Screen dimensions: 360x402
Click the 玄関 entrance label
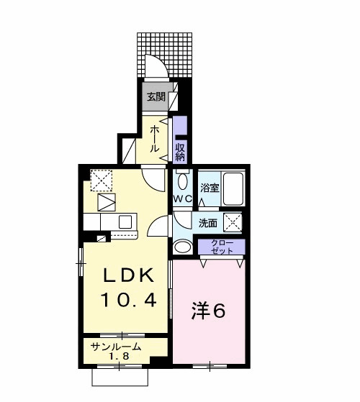pos(156,97)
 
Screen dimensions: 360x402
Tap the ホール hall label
pos(155,139)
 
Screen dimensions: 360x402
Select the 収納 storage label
pos(180,152)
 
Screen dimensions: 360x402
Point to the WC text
pos(183,198)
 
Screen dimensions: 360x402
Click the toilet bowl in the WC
pos(182,181)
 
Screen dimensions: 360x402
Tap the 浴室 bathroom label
pos(210,188)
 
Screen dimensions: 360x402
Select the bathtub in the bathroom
pos(233,188)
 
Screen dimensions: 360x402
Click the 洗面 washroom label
pos(208,223)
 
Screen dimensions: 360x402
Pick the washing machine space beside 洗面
pos(233,222)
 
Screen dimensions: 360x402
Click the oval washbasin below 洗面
pos(182,247)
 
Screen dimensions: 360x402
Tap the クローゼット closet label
pos(222,247)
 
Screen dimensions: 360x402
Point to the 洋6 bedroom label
pos(208,311)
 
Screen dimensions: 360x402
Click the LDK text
pos(129,275)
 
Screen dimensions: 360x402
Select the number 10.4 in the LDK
pos(129,300)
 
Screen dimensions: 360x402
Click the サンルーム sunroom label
pos(116,347)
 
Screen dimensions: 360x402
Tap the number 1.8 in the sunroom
pos(118,357)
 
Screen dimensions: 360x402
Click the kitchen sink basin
pos(125,222)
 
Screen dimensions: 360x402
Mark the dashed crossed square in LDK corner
pos(102,181)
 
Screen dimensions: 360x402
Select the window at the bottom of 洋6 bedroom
pos(210,366)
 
